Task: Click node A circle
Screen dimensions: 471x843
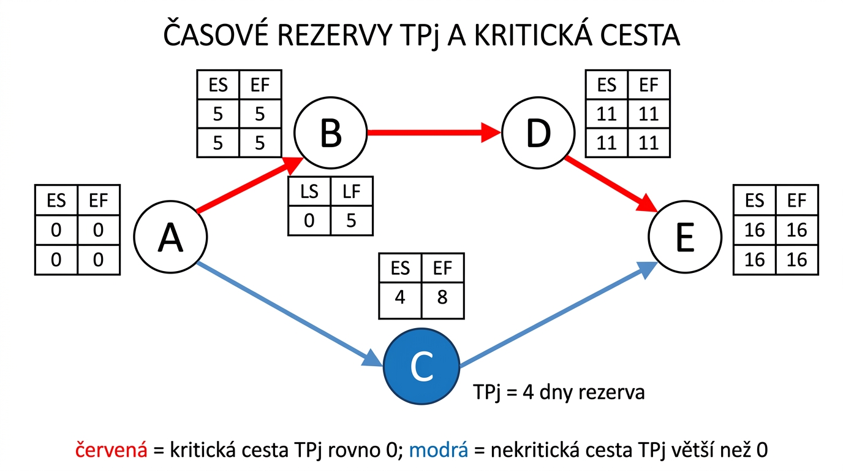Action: tap(170, 237)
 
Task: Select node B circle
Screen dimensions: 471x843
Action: tap(330, 132)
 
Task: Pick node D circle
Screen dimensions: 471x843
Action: tap(538, 132)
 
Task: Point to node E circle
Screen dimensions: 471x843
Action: tap(684, 238)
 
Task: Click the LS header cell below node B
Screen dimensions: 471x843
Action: tap(309, 191)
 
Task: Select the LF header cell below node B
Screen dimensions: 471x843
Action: tap(351, 191)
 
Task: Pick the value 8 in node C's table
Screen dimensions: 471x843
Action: tap(442, 297)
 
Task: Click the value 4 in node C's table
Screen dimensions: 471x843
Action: tap(401, 297)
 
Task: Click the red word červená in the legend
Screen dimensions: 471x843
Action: tap(111, 450)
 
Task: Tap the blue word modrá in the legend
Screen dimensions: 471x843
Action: tap(439, 450)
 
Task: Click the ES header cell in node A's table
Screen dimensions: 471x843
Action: tap(57, 201)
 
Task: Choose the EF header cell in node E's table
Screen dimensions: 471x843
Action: tap(796, 201)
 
